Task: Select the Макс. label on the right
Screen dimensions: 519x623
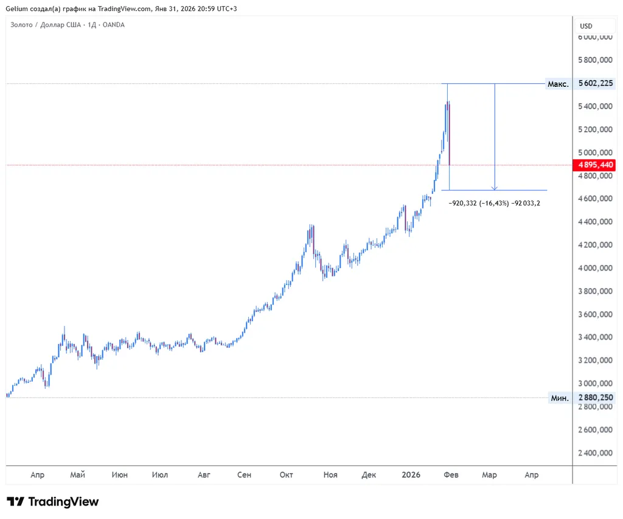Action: pos(558,84)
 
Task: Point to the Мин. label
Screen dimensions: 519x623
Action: pos(559,398)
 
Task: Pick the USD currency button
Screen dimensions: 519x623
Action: pos(586,26)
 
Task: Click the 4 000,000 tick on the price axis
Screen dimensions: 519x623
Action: pos(595,268)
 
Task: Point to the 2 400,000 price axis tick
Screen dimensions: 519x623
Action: pos(595,453)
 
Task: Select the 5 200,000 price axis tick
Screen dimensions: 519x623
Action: pos(595,129)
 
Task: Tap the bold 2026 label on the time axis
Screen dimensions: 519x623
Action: pos(411,475)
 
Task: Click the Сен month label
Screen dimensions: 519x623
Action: pos(244,475)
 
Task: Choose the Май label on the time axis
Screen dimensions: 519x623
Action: pos(77,475)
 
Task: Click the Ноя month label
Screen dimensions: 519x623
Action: pos(330,475)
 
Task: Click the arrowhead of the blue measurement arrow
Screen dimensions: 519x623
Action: pos(495,188)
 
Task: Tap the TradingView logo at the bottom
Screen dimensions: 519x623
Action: pos(53,502)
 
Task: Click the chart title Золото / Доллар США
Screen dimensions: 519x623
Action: pos(46,25)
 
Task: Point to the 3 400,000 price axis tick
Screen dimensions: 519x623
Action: pos(595,337)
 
